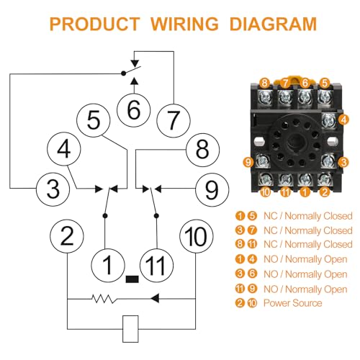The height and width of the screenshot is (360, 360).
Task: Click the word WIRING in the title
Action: click(184, 24)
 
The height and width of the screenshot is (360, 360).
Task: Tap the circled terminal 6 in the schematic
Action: click(134, 110)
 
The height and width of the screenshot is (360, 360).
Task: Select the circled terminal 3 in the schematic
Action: click(53, 189)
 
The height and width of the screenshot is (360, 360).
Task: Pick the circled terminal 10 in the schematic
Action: click(197, 236)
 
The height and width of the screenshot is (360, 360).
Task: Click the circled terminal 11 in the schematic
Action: click(156, 265)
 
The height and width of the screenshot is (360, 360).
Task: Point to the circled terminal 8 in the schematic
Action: click(202, 150)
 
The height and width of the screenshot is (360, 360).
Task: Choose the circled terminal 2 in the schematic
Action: click(67, 236)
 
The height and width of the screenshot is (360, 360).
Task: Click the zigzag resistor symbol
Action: click(104, 299)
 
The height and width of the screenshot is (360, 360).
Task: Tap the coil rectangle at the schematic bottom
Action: click(130, 329)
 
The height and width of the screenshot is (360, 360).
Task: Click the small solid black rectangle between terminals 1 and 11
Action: click(132, 279)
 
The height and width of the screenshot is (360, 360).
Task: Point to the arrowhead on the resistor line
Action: click(155, 299)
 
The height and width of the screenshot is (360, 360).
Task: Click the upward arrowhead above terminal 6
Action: click(135, 81)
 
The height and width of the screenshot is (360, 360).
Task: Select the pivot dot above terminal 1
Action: click(105, 216)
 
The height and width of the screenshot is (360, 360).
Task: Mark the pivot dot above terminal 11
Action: click(156, 216)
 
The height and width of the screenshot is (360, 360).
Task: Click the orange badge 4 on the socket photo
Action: click(344, 120)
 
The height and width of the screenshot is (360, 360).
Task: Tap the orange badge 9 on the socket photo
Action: click(248, 162)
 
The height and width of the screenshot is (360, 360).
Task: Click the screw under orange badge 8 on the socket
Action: click(265, 97)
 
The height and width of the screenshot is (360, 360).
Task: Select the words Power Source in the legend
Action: click(293, 303)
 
